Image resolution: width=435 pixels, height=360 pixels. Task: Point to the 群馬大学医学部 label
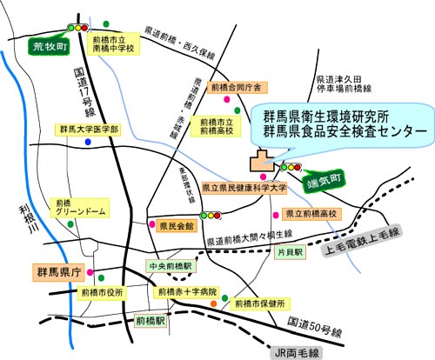[89, 129]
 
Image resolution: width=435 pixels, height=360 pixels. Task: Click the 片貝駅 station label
[289, 251]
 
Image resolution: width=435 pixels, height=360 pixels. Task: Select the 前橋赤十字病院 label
[187, 291]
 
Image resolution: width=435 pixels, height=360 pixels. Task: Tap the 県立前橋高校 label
[311, 213]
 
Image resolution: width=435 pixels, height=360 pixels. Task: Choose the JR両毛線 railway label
[291, 352]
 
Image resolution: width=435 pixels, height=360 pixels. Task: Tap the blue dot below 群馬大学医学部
[88, 143]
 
